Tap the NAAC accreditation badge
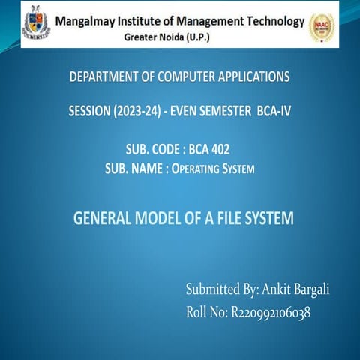(x=322, y=26)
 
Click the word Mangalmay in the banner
(x=89, y=19)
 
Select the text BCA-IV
(x=272, y=112)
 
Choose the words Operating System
(x=213, y=169)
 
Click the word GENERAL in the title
(x=105, y=219)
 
